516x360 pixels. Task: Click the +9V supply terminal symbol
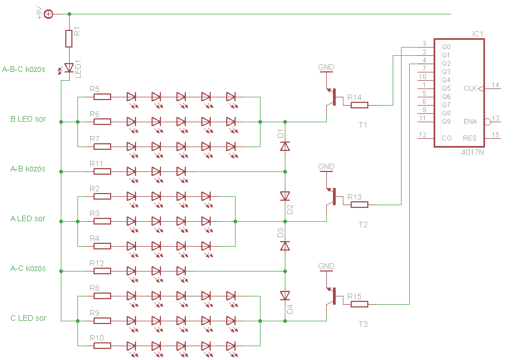point(48,14)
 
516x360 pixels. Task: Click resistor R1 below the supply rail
point(69,39)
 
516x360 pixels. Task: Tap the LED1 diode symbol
point(69,68)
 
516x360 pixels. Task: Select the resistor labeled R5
point(102,97)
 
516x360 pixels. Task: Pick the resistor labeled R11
point(102,171)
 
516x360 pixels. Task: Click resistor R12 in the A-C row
point(102,271)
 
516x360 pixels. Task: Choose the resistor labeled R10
point(102,346)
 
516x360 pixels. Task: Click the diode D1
point(285,146)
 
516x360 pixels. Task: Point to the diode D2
point(285,196)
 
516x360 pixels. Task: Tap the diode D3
point(285,246)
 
